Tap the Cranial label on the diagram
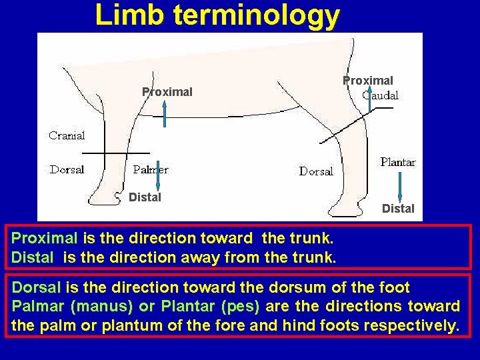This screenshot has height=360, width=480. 67,135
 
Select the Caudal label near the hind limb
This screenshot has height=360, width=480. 380,95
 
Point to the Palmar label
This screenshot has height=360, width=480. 151,169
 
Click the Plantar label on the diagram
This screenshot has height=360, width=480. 397,162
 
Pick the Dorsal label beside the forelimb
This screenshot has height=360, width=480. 67,169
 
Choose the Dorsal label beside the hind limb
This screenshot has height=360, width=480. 316,171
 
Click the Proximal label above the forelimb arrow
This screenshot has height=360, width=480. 167,92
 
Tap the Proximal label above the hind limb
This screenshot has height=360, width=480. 368,81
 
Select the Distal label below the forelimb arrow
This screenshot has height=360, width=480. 145,197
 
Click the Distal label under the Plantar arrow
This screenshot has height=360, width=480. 398,209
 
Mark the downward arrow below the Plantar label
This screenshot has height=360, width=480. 399,186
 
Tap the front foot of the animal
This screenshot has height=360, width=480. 107,197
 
